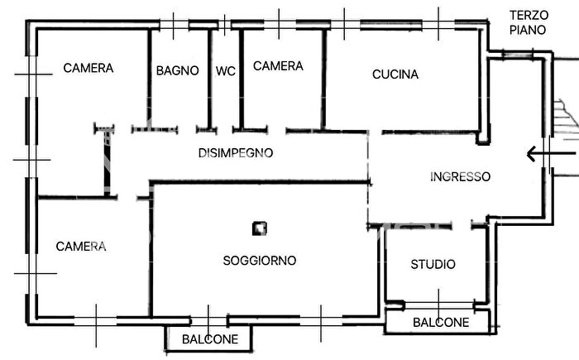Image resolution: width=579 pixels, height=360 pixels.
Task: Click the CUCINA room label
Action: click(395, 74)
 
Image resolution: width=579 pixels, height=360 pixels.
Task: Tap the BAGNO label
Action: click(177, 71)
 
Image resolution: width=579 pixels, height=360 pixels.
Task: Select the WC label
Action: click(226, 71)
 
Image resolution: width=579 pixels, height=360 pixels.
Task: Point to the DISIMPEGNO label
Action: click(236, 153)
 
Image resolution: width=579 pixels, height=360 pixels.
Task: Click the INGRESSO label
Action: click(461, 176)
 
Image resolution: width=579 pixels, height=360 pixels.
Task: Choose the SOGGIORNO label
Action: click(260, 260)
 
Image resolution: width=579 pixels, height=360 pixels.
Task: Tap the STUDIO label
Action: click(433, 264)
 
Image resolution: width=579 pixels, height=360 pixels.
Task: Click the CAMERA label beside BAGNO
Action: click(89, 68)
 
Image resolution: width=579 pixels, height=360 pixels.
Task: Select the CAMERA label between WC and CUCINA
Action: click(278, 66)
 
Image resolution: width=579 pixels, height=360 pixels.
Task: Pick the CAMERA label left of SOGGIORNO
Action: click(81, 246)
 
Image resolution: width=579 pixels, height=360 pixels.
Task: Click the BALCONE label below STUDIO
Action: click(441, 323)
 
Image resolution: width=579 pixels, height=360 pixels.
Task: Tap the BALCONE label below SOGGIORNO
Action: click(210, 339)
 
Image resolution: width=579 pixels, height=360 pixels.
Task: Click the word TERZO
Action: click(529, 15)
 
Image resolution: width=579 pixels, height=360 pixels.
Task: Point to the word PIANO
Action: click(528, 30)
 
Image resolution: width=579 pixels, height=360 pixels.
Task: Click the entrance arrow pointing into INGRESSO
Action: click(550, 154)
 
